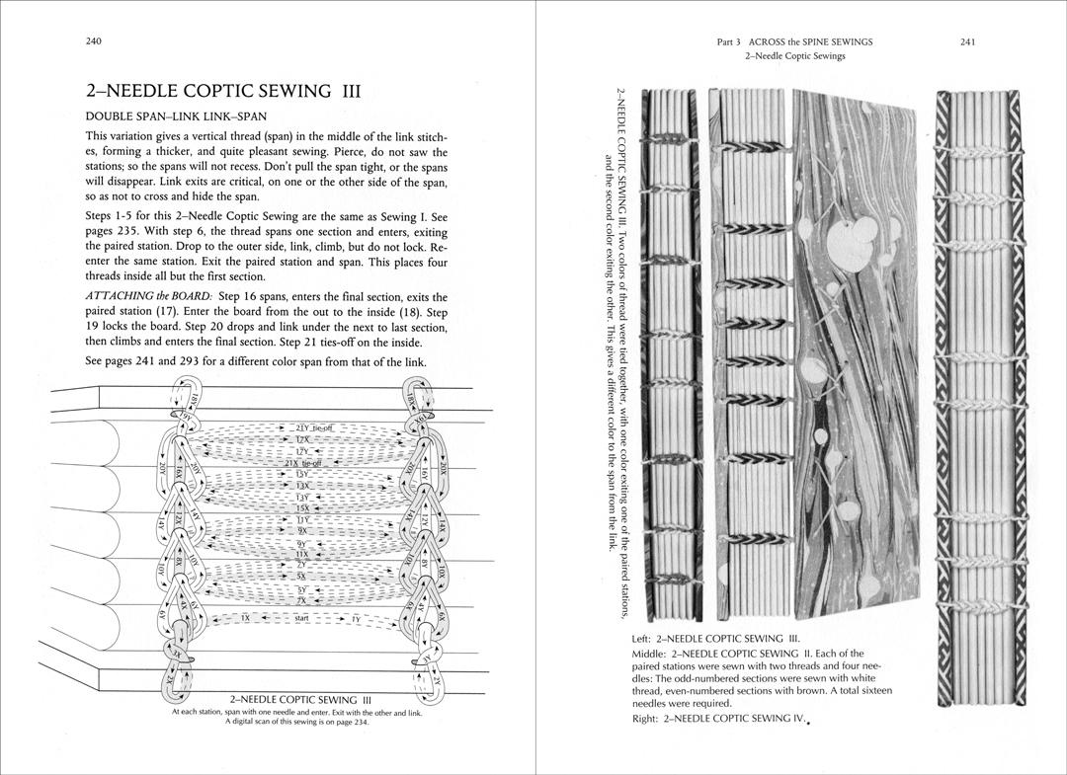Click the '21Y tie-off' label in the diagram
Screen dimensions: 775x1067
pos(315,427)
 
